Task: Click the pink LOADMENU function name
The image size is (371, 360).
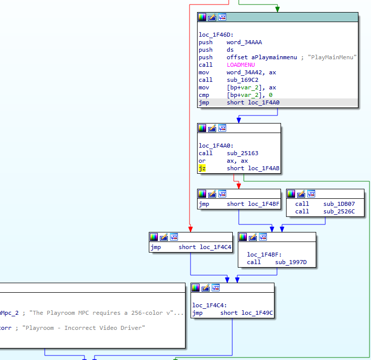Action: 241,65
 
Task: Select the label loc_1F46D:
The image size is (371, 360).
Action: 216,35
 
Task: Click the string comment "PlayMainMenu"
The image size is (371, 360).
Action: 332,57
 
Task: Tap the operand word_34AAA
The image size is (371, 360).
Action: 244,42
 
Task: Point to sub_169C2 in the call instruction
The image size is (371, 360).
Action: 242,80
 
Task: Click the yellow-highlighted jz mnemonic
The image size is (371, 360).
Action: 202,168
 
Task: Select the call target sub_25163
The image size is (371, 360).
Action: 242,153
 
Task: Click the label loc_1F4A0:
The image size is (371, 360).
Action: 216,146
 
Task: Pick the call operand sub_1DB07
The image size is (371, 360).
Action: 339,204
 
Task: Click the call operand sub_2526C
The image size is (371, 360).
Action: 339,211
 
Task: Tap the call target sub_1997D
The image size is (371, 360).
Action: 291,262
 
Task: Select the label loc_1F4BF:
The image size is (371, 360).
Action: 264,255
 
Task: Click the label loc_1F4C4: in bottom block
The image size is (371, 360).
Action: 210,305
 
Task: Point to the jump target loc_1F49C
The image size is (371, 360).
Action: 257,313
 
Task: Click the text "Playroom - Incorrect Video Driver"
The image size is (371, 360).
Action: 83,328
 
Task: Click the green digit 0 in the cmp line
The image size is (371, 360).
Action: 270,95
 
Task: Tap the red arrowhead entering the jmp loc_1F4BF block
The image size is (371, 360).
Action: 239,186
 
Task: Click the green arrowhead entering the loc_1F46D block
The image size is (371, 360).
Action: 277,10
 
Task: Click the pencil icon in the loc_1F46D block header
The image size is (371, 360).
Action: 212,17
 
